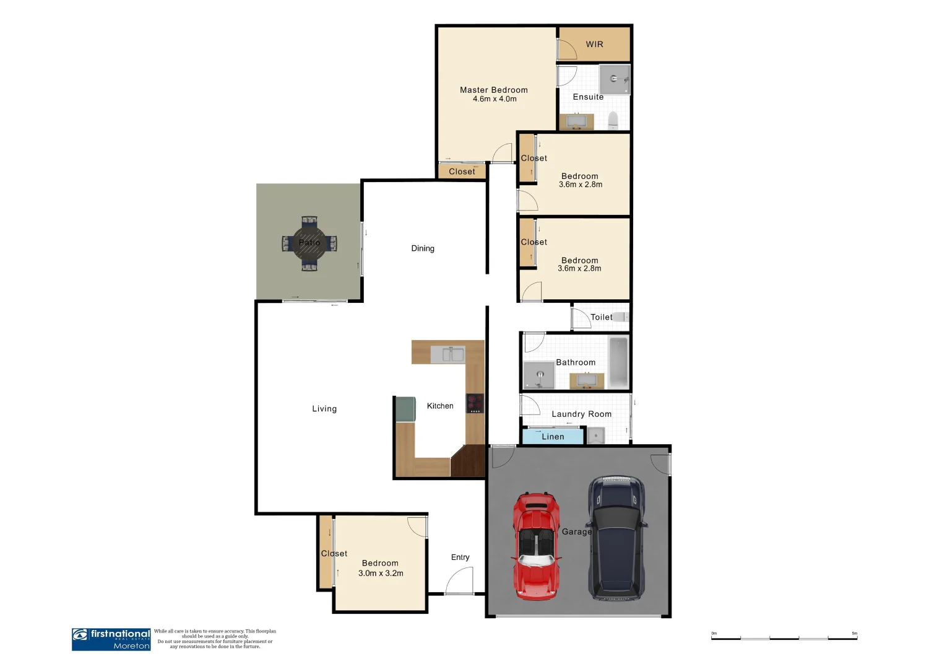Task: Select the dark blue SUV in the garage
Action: (x=616, y=538)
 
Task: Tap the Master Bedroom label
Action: (x=493, y=90)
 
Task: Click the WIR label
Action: (x=594, y=45)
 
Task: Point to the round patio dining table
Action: (x=309, y=243)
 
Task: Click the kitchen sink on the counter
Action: (x=447, y=354)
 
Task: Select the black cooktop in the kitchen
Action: (x=474, y=403)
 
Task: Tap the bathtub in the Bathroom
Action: (x=618, y=362)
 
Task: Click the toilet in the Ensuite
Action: (x=613, y=120)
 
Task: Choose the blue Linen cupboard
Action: (x=553, y=437)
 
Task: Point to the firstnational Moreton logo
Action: (x=111, y=639)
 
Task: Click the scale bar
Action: (x=784, y=637)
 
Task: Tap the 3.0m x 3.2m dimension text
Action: (x=381, y=574)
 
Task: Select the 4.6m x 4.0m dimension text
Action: (x=494, y=99)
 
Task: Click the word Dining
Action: (x=423, y=248)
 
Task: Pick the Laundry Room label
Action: (x=581, y=414)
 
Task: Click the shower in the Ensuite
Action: (x=615, y=79)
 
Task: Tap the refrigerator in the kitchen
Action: (x=405, y=409)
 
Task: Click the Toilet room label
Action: (x=601, y=317)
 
